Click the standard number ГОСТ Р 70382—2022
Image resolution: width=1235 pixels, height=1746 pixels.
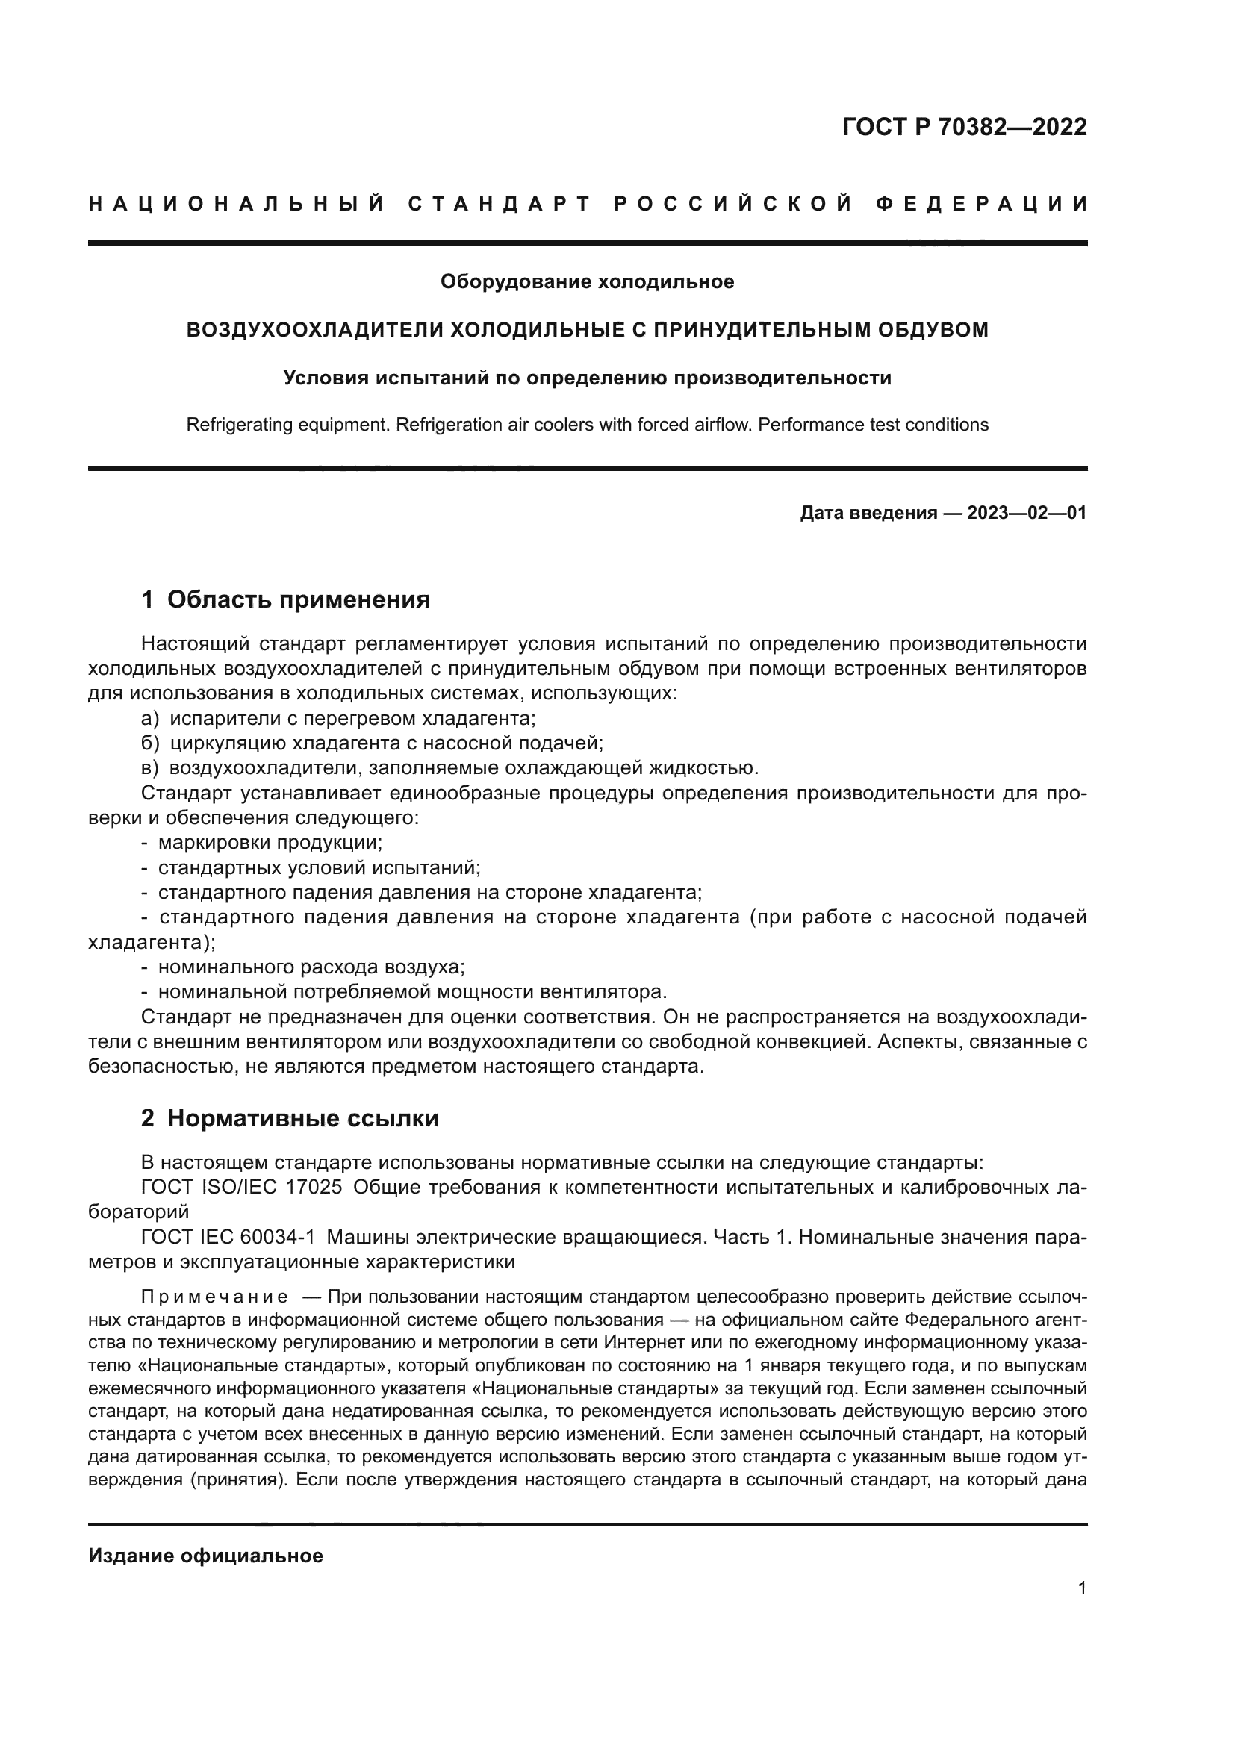(964, 127)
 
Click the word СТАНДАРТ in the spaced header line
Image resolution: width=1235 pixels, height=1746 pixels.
(500, 204)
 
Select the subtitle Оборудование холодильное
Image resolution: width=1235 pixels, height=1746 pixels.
(587, 282)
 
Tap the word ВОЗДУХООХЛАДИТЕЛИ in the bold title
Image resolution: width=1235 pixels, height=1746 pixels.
(315, 330)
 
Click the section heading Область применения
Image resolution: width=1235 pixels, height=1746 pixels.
(298, 599)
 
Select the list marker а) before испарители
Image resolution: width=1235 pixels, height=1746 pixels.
(150, 719)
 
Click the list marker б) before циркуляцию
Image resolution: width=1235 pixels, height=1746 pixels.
(150, 743)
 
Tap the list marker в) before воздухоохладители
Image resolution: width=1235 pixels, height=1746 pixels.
(150, 768)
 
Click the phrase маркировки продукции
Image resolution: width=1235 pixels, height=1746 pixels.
(270, 843)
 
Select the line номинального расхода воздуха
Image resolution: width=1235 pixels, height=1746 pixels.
(311, 967)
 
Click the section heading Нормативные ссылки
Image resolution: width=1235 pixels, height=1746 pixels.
(302, 1119)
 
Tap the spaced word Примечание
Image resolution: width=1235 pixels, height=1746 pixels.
(214, 1297)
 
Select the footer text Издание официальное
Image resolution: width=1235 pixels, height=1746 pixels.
(205, 1556)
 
